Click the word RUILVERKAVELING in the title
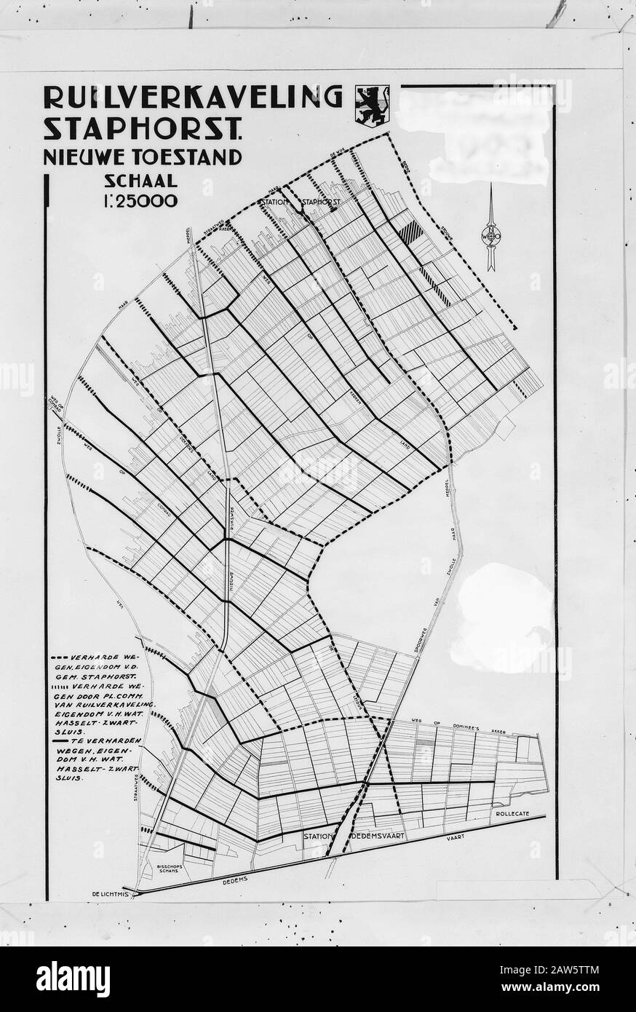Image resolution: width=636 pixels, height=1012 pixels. [193, 97]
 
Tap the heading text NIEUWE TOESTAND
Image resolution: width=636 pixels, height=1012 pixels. [143, 156]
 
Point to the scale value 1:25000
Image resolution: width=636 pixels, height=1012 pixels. [140, 201]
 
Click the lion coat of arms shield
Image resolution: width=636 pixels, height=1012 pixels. [372, 106]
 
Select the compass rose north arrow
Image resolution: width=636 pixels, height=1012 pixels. [491, 229]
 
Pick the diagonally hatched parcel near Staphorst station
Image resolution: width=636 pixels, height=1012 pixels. [411, 233]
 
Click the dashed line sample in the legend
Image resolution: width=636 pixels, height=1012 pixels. [61, 657]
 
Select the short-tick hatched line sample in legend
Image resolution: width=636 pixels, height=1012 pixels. [61, 687]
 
